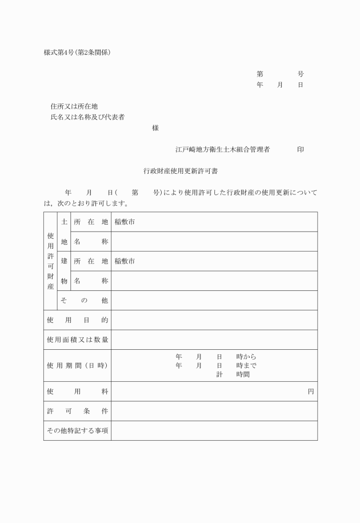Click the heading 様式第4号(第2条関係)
click(77, 53)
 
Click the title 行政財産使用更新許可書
click(179, 170)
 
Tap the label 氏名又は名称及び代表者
click(87, 117)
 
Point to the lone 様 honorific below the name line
click(155, 129)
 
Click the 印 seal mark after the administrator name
click(300, 150)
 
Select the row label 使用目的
click(77, 320)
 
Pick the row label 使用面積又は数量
click(77, 340)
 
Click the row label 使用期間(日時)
click(77, 365)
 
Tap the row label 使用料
click(77, 392)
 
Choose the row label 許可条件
click(77, 411)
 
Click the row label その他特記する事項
click(77, 430)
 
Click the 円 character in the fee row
click(310, 392)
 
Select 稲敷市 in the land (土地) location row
click(125, 222)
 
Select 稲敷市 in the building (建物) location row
click(125, 261)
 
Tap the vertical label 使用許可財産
click(50, 261)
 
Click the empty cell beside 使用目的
click(214, 320)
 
